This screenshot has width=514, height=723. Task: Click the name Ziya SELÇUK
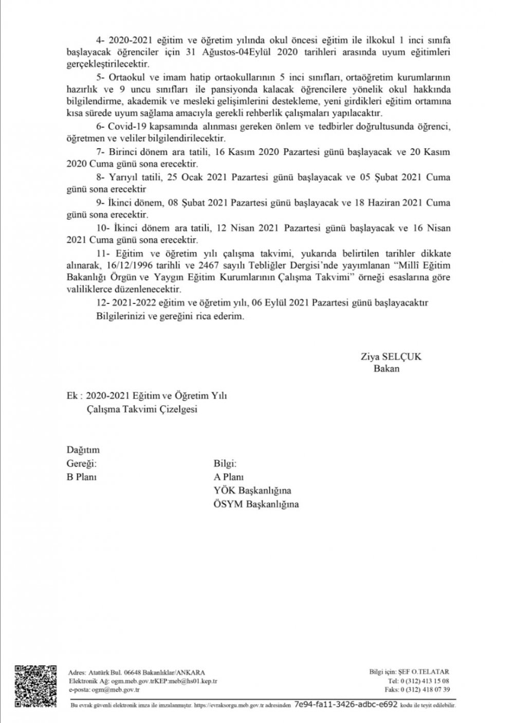pyautogui.click(x=391, y=356)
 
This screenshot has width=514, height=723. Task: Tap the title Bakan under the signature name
pyautogui.click(x=387, y=369)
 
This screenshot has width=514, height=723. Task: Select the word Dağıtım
pyautogui.click(x=83, y=450)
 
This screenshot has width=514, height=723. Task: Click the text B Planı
pyautogui.click(x=82, y=477)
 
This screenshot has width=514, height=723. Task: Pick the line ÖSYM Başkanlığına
pyautogui.click(x=256, y=504)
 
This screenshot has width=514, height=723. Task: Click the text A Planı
pyautogui.click(x=229, y=477)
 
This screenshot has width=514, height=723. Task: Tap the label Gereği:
pyautogui.click(x=82, y=463)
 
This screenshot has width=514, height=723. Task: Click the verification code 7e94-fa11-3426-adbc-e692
pyautogui.click(x=346, y=704)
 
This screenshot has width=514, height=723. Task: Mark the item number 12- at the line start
pyautogui.click(x=102, y=303)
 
